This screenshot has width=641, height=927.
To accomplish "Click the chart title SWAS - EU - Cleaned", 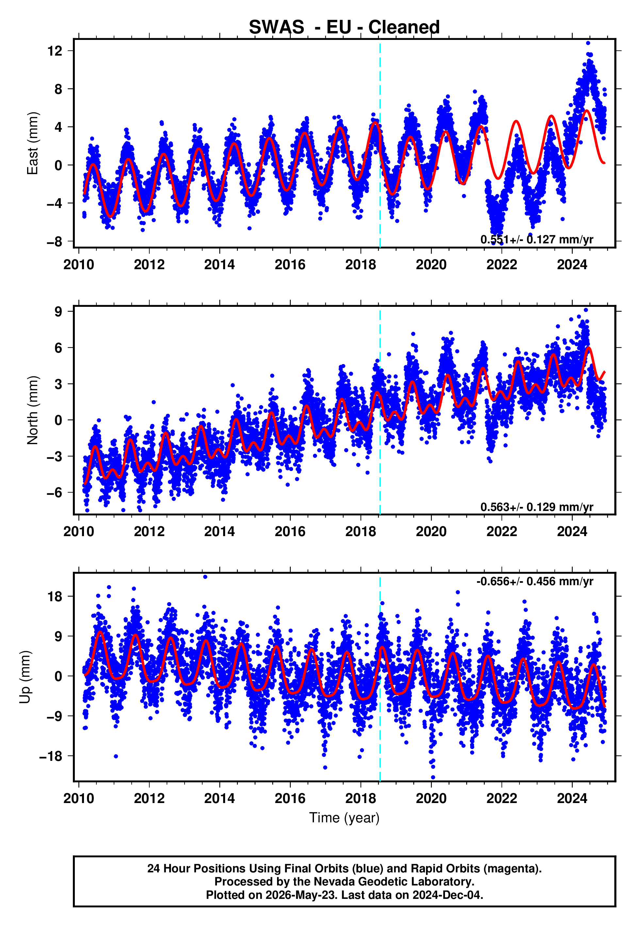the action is click(344, 27).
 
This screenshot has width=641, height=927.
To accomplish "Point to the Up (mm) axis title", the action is click(25, 677).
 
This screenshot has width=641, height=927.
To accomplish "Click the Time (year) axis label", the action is click(344, 818).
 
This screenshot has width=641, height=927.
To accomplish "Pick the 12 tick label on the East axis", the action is click(55, 51).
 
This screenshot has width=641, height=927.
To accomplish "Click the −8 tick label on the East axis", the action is click(55, 242).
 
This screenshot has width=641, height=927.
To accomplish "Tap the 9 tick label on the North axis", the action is click(58, 311).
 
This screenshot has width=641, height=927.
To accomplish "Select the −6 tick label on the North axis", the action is click(55, 492).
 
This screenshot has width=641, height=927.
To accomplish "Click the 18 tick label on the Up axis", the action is click(55, 597).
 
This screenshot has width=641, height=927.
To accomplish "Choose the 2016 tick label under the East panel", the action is click(290, 265).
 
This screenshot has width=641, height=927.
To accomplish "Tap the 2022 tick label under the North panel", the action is click(501, 532).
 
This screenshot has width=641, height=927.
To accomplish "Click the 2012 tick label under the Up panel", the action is click(149, 798).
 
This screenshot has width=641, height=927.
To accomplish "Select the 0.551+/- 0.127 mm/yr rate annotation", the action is click(536, 239).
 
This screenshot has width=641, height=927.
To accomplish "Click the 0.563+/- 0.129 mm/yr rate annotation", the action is click(536, 507).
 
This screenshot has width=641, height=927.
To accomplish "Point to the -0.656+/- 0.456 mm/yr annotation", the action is click(534, 581).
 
